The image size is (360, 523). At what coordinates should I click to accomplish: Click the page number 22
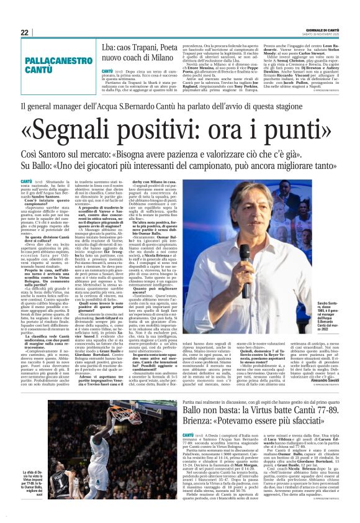coord(24,32)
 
